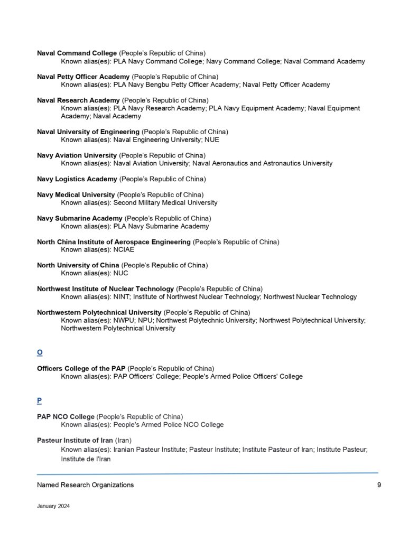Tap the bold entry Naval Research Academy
pyautogui.click(x=78, y=100)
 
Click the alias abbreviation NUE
pyautogui.click(x=213, y=140)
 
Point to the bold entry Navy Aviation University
pyautogui.click(x=77, y=155)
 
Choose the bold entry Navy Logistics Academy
pyautogui.click(x=77, y=179)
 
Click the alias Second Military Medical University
pyautogui.click(x=165, y=202)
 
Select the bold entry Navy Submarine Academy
pyautogui.click(x=80, y=218)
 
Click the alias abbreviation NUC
pyautogui.click(x=121, y=273)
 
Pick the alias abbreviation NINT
pyautogui.click(x=122, y=297)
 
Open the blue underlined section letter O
pyautogui.click(x=40, y=352)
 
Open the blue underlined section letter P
pyautogui.click(x=40, y=400)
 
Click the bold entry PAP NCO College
pyautogui.click(x=66, y=416)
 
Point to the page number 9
pyautogui.click(x=379, y=485)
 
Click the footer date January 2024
pyautogui.click(x=53, y=506)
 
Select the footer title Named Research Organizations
pyautogui.click(x=85, y=485)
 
